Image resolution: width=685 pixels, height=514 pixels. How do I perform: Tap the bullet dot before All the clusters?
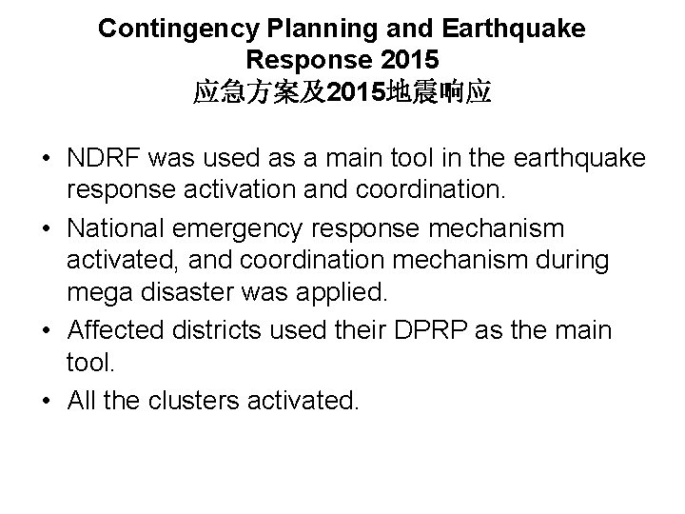(x=46, y=400)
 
